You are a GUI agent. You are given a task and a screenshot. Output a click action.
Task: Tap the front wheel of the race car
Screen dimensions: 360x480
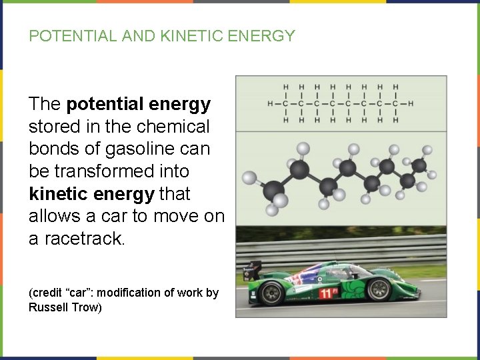coord(379,289)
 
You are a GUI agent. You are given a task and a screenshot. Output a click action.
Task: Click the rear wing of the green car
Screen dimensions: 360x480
coord(253,269)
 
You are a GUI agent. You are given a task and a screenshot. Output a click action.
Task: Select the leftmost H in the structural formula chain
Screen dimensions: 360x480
coord(269,103)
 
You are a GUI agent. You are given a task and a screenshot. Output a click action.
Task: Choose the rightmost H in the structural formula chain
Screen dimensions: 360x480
coord(411,103)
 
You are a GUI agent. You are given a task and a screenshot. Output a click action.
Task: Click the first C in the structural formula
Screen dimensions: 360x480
coord(285,103)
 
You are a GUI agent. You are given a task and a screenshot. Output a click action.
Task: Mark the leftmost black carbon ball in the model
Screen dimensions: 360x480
coord(273,192)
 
